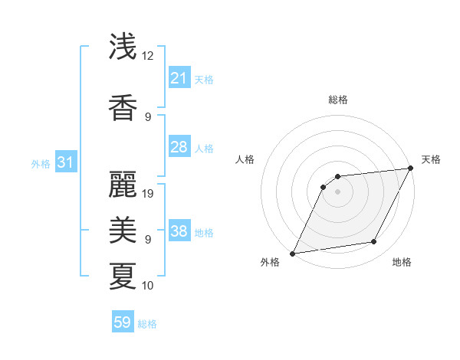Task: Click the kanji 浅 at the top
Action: tap(123, 47)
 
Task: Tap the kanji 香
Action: tap(123, 108)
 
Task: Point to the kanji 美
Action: tap(123, 229)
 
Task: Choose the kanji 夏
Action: tap(123, 275)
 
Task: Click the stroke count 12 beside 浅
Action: tap(148, 56)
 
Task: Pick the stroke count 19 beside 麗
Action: tap(149, 194)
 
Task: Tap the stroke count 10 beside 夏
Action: tap(149, 286)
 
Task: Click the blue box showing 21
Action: tap(179, 78)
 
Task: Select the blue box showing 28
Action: tap(179, 147)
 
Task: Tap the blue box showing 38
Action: tap(179, 231)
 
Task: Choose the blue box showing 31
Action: tap(66, 162)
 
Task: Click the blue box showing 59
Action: tap(123, 322)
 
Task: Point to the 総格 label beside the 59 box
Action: tap(147, 324)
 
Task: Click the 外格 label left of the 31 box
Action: tap(41, 163)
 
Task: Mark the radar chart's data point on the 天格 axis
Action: tap(412, 169)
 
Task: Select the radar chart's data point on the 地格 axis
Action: tap(374, 242)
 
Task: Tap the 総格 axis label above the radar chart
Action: tap(337, 100)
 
